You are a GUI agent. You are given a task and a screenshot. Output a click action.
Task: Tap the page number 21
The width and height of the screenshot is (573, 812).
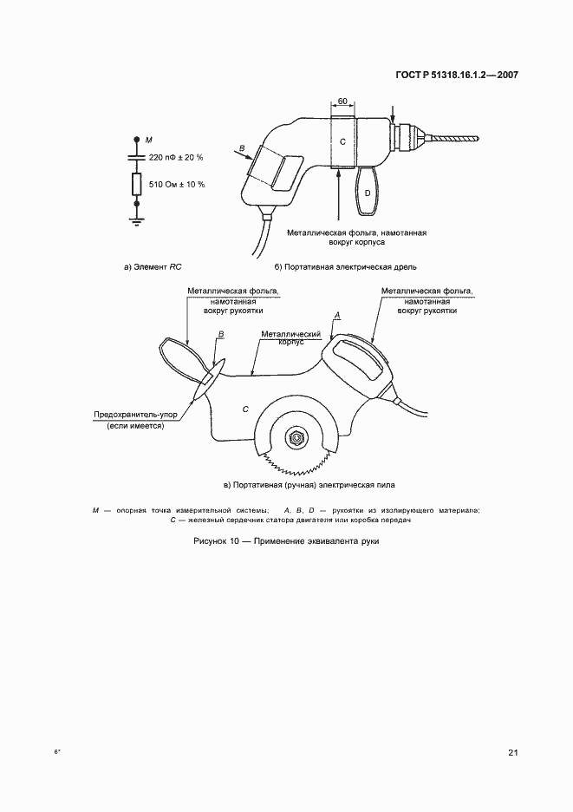pyautogui.click(x=513, y=752)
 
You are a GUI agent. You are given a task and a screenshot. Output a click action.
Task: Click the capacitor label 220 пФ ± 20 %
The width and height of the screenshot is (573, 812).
pyautogui.click(x=176, y=157)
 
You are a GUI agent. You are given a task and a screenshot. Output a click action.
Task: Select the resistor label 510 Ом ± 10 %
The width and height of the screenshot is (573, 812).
pyautogui.click(x=176, y=184)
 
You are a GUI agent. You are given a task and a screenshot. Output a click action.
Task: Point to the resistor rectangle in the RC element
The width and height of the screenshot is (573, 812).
pyautogui.click(x=136, y=184)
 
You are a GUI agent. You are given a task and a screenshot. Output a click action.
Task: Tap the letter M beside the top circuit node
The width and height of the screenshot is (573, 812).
pyautogui.click(x=148, y=140)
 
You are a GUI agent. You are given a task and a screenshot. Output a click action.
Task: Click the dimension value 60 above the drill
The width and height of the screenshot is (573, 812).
pyautogui.click(x=342, y=102)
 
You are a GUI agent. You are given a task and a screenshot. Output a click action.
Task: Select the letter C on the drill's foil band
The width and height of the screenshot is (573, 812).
pyautogui.click(x=342, y=141)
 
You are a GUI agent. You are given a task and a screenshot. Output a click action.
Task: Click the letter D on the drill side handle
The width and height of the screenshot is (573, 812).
pyautogui.click(x=368, y=193)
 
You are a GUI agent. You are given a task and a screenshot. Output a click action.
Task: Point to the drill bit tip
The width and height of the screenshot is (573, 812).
pyautogui.click(x=475, y=136)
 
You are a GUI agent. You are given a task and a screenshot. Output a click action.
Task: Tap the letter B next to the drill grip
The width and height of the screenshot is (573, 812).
pyautogui.click(x=242, y=149)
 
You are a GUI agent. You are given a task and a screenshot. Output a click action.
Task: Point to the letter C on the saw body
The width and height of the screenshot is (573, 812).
pyautogui.click(x=245, y=408)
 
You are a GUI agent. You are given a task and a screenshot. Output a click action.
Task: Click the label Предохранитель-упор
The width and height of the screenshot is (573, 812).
pyautogui.click(x=136, y=415)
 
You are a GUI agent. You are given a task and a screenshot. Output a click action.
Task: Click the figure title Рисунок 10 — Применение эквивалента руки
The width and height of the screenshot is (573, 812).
pyautogui.click(x=286, y=540)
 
